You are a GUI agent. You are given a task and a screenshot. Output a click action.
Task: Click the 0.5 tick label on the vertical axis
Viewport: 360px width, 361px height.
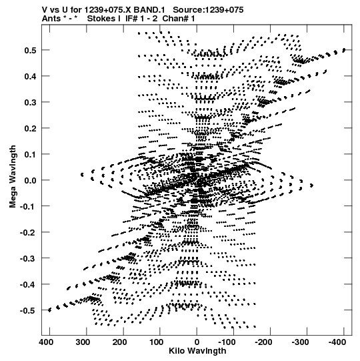point(30,50)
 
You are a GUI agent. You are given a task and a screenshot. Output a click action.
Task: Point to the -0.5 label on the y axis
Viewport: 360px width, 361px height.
point(28,310)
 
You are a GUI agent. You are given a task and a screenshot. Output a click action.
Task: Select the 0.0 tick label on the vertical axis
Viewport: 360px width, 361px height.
point(30,180)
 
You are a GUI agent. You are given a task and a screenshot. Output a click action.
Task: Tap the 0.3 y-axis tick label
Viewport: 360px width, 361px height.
point(30,102)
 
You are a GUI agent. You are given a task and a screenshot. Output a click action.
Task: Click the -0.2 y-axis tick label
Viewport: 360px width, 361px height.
point(28,232)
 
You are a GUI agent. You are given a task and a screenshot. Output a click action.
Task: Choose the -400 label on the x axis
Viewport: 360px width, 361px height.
point(337,342)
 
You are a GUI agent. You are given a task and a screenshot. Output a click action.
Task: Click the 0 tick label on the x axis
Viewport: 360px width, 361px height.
point(197,342)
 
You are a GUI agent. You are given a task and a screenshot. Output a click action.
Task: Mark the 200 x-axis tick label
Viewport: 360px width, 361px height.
point(119,342)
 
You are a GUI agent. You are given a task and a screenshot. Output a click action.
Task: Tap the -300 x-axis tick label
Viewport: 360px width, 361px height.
point(300,342)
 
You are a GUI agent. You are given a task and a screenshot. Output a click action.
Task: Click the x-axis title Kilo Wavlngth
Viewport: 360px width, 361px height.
point(197,351)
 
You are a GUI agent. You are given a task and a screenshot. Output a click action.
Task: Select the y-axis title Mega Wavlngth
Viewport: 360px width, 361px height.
point(13,177)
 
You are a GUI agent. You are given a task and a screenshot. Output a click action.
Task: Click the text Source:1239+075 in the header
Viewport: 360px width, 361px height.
point(208,10)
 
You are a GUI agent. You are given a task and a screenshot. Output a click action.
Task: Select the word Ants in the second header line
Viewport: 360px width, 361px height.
point(51,19)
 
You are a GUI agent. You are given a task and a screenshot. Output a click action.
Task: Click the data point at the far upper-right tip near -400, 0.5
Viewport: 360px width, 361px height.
point(344,50)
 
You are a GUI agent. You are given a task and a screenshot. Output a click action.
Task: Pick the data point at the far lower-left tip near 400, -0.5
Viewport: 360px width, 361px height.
point(49,310)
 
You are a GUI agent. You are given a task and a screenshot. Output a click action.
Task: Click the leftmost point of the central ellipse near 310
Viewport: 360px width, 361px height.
point(82,175)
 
